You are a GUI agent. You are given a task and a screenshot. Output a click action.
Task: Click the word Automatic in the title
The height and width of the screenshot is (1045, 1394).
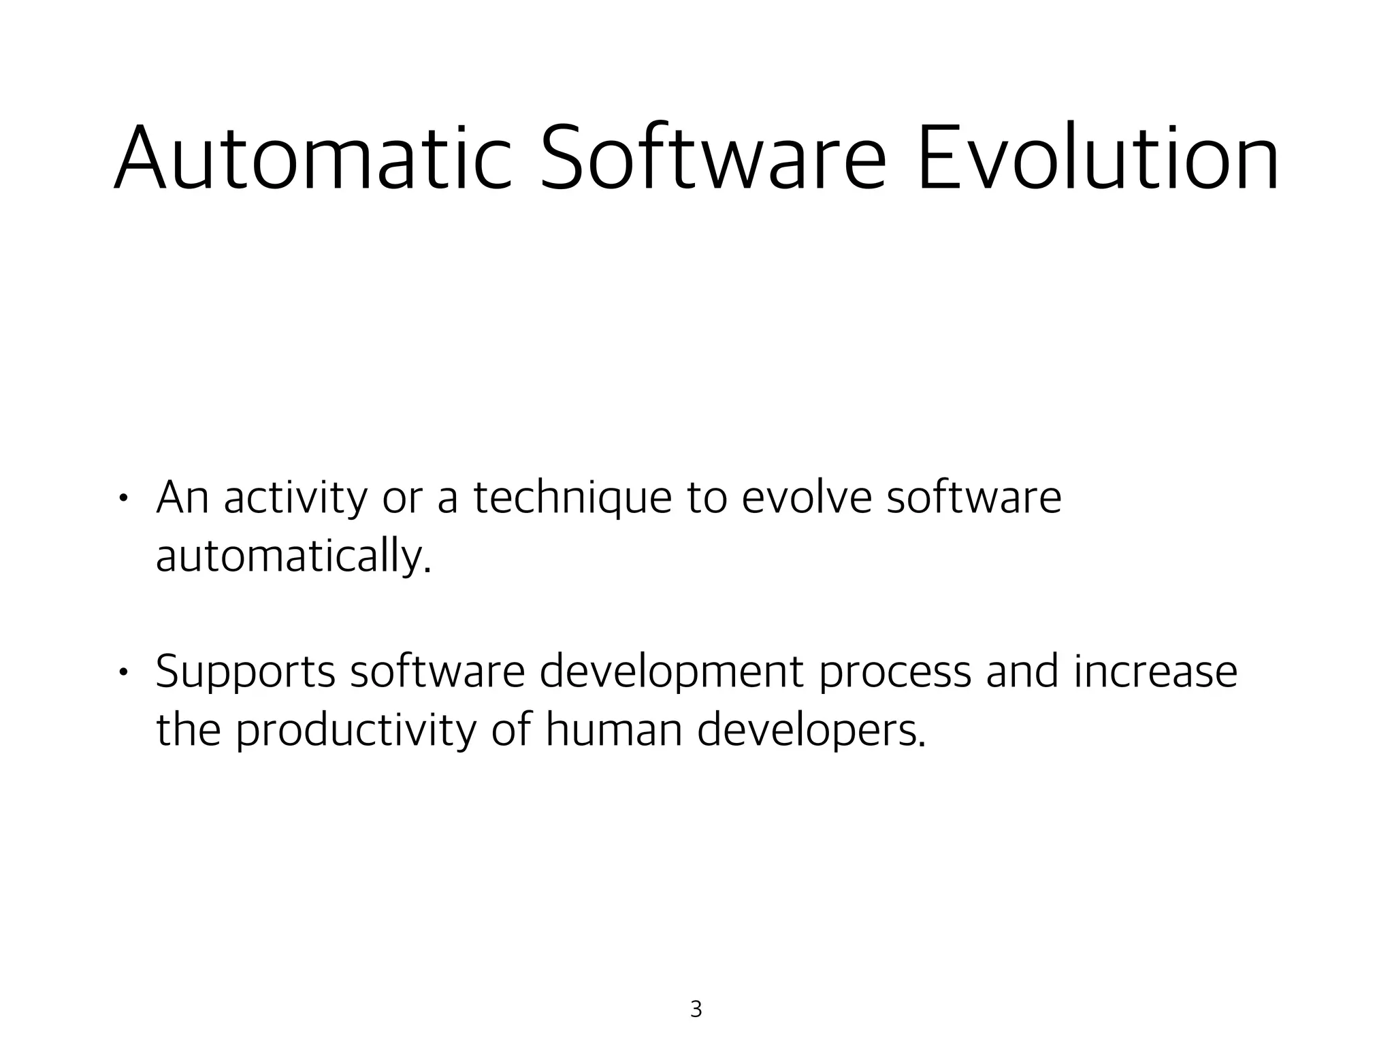312,158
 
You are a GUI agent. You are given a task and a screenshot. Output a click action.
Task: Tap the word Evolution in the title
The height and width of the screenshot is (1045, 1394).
1097,158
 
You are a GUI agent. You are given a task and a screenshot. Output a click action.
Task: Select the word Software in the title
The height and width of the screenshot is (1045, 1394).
712,158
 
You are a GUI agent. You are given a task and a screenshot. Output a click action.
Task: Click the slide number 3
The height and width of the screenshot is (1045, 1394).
696,1009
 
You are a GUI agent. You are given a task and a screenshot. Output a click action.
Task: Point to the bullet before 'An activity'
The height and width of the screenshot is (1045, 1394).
123,499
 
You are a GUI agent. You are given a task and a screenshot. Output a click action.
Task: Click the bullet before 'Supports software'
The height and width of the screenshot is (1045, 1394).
123,673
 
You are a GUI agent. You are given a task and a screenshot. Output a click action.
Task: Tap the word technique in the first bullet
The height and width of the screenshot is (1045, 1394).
572,498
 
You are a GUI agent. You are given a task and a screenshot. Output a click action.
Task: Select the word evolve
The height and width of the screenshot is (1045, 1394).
806,498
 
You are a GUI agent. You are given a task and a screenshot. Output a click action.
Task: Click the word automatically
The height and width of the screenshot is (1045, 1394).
293,557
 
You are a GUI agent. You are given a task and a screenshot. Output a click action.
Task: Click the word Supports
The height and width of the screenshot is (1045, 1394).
246,672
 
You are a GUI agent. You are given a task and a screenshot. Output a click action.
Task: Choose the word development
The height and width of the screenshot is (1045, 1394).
672,672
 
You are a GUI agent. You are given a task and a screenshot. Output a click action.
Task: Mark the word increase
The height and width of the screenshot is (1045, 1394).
1156,672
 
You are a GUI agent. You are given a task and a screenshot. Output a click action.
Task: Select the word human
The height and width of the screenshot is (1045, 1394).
613,731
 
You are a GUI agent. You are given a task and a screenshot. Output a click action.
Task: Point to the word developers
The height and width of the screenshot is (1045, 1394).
811,731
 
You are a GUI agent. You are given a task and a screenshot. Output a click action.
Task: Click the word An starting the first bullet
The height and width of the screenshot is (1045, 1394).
182,498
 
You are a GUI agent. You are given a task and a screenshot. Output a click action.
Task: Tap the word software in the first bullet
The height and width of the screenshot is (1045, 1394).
973,498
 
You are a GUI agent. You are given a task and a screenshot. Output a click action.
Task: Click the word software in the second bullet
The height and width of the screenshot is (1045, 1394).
438,672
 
